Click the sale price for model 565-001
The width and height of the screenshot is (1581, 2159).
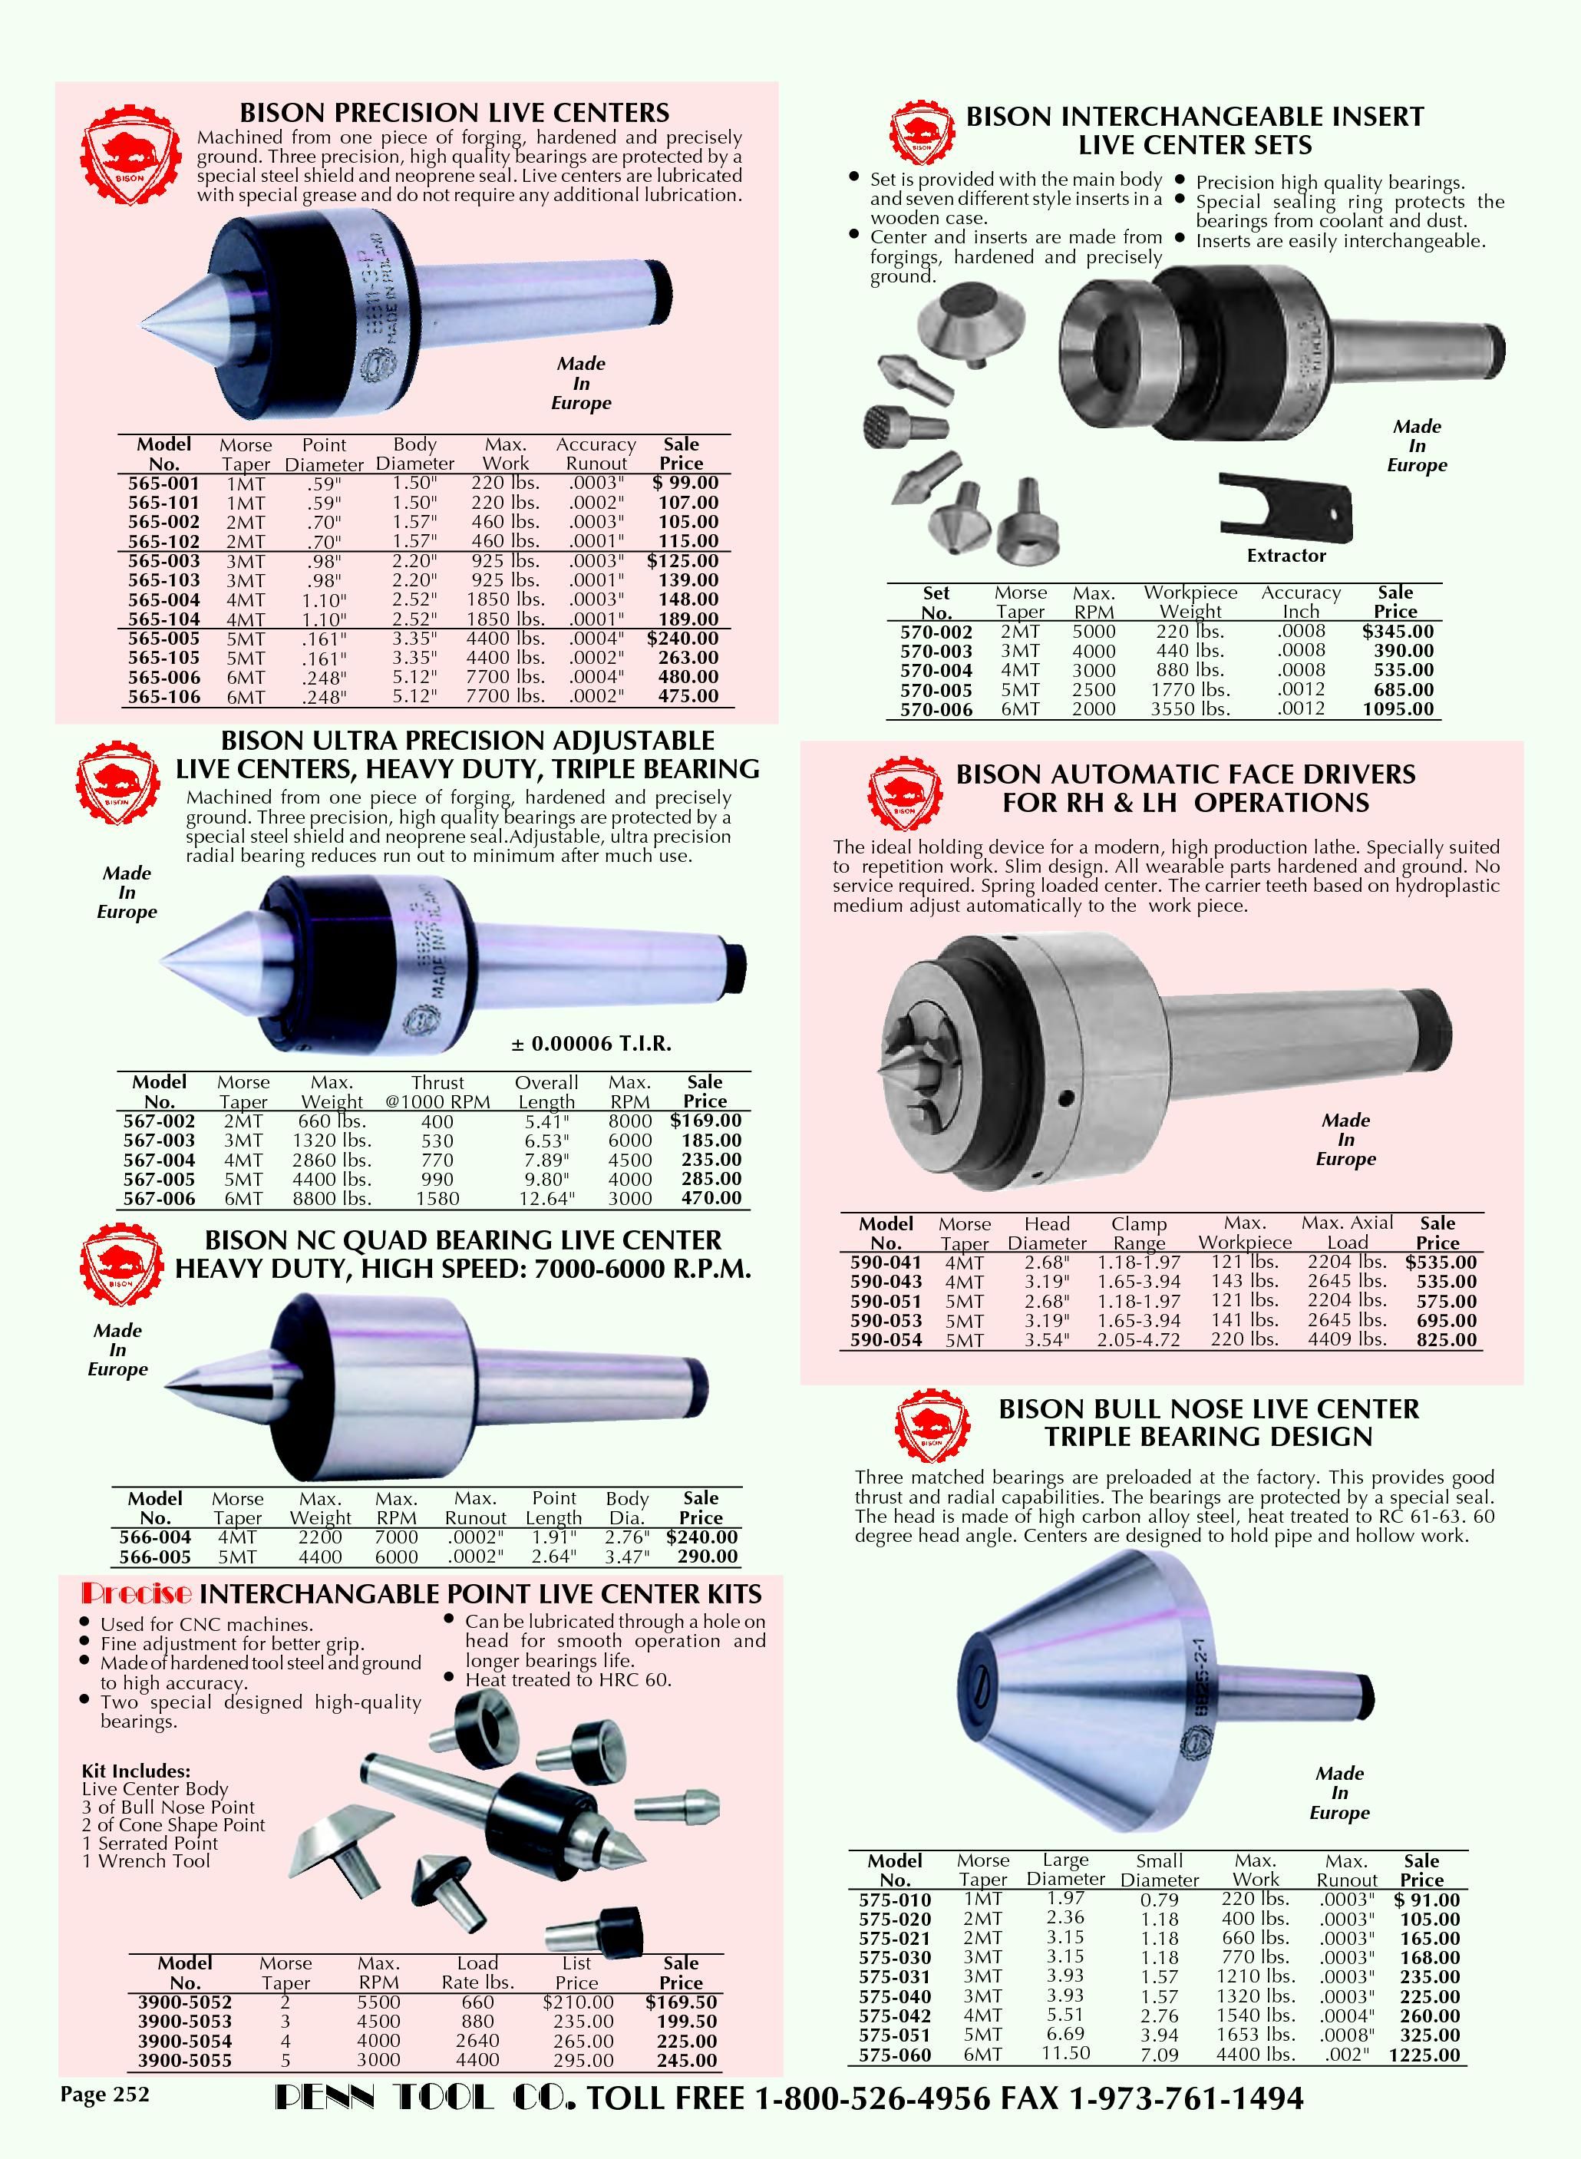pyautogui.click(x=685, y=484)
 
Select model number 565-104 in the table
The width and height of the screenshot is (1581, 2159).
pyautogui.click(x=163, y=619)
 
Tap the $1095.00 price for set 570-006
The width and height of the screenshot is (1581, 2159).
pyautogui.click(x=1398, y=709)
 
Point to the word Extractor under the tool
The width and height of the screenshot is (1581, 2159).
pyautogui.click(x=1286, y=555)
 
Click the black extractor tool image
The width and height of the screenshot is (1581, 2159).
pyautogui.click(x=1287, y=507)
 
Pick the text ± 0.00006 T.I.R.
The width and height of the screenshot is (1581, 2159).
pyautogui.click(x=590, y=1043)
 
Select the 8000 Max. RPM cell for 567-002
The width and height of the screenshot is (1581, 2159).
pyautogui.click(x=631, y=1121)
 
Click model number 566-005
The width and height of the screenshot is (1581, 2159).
pyautogui.click(x=155, y=1556)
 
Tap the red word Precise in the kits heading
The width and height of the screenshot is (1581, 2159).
pyautogui.click(x=137, y=1593)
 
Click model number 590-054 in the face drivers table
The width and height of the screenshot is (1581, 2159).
pyautogui.click(x=886, y=1340)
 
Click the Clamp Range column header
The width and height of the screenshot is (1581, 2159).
pyautogui.click(x=1139, y=1233)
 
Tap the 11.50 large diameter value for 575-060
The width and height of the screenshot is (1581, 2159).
pyautogui.click(x=1066, y=2054)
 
